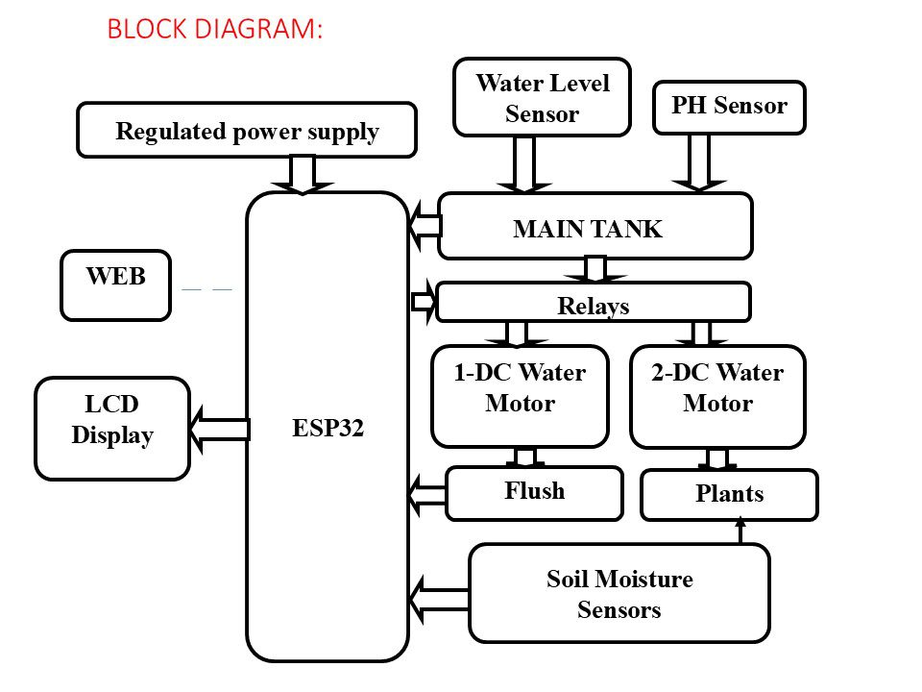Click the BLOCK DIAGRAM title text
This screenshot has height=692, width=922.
215,29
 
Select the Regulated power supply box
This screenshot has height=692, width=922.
247,130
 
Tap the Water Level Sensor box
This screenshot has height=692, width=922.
542,97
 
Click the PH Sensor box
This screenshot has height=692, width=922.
729,108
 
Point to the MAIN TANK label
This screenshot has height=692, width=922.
588,229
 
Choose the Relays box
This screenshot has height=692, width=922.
594,303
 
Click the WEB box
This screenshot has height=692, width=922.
116,285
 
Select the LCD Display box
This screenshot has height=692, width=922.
112,429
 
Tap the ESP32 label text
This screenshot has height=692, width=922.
328,428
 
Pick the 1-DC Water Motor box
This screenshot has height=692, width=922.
520,396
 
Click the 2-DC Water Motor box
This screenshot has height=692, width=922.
717,397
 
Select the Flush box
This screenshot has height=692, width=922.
535,493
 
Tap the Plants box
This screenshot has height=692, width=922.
729,495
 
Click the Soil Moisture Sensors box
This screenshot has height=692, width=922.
619,593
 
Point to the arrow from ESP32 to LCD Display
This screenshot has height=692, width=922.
220,429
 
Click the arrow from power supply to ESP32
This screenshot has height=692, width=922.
303,175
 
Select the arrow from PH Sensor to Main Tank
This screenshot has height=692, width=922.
699,163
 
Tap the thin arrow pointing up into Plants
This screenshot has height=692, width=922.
740,531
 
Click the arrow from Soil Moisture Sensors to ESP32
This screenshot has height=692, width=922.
439,600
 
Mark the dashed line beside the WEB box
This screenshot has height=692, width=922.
207,289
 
